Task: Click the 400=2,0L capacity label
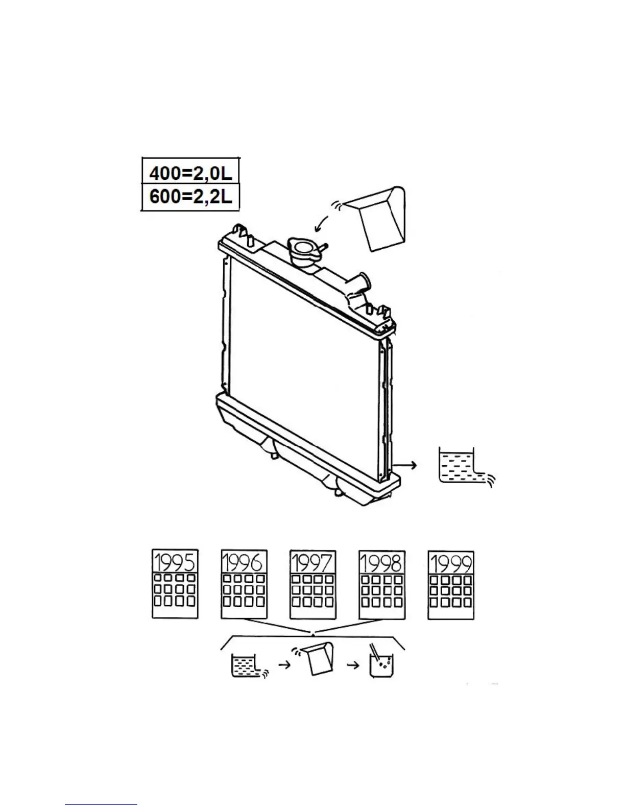point(190,174)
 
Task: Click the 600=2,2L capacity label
point(190,197)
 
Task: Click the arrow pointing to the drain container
point(406,465)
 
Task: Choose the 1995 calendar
point(175,584)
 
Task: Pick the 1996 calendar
point(244,584)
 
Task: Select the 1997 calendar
point(312,584)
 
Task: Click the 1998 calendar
point(382,584)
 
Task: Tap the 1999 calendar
point(451,584)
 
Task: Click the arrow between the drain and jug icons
point(284,665)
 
